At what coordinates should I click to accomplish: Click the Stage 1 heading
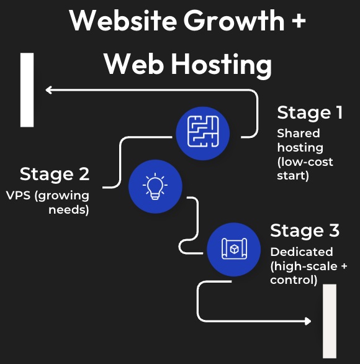(x=309, y=112)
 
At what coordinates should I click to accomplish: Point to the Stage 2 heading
(x=55, y=174)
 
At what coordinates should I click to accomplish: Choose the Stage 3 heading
(x=305, y=231)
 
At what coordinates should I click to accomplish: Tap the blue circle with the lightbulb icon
(x=155, y=186)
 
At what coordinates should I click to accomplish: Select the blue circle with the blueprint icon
(x=233, y=249)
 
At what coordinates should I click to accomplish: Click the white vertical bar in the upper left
(x=27, y=89)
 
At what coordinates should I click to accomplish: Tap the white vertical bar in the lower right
(x=330, y=321)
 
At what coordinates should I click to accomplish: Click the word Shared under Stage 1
(x=299, y=133)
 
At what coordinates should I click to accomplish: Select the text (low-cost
(x=305, y=162)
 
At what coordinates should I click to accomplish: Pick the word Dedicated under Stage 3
(x=302, y=252)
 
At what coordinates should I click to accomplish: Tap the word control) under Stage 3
(x=294, y=280)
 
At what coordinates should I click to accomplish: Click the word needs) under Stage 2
(x=69, y=209)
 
